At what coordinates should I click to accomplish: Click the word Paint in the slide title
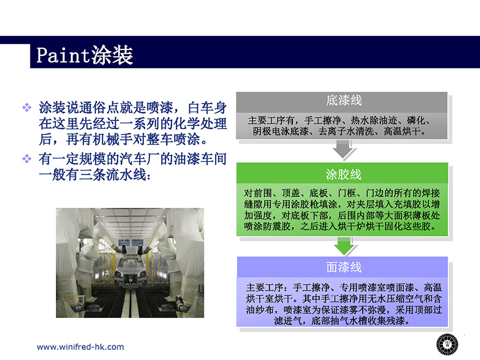(62, 55)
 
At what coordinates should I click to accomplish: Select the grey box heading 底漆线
(344, 100)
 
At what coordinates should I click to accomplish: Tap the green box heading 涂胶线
(343, 175)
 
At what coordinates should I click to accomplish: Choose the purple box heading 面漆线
(344, 267)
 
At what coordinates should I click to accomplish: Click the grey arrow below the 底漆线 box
(343, 149)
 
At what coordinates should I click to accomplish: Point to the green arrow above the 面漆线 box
(344, 246)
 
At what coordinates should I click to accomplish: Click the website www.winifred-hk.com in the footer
(80, 347)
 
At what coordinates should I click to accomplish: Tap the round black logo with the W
(447, 344)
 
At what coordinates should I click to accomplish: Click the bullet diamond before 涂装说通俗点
(27, 107)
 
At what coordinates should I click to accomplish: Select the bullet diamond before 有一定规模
(27, 158)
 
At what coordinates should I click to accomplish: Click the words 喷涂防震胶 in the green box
(267, 227)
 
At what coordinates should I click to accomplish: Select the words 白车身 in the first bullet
(207, 107)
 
